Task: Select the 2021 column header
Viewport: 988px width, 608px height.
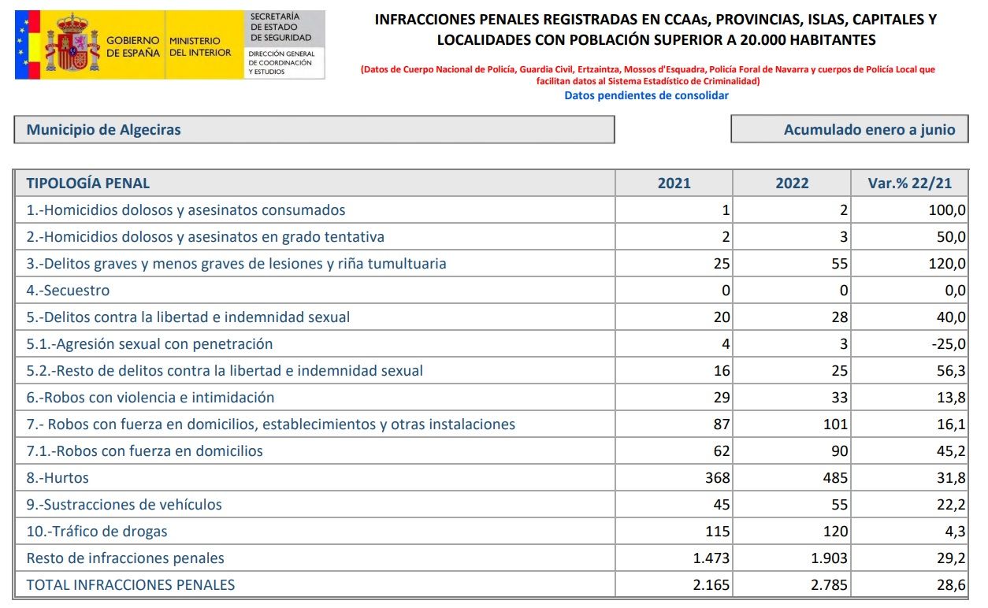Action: (674, 184)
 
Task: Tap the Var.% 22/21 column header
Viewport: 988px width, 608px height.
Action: (909, 184)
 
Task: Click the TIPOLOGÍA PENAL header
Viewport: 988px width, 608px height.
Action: (88, 184)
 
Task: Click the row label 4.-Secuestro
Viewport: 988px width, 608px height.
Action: (69, 291)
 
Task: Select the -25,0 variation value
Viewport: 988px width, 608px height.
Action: (946, 344)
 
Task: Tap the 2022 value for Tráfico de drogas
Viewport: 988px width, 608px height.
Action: (836, 532)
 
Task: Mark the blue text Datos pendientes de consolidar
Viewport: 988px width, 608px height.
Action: (646, 95)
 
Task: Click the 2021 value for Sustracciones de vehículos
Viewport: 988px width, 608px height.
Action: (721, 505)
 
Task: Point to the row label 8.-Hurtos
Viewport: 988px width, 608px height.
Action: (58, 478)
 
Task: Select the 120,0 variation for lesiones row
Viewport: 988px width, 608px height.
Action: (947, 264)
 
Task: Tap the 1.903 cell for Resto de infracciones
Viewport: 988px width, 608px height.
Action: (830, 558)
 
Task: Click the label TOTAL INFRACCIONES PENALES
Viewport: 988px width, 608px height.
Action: (131, 585)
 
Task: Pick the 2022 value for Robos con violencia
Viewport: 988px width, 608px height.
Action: (839, 398)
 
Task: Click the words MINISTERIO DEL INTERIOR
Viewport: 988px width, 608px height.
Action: (200, 46)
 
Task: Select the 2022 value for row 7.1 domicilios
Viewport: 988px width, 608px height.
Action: (839, 451)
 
